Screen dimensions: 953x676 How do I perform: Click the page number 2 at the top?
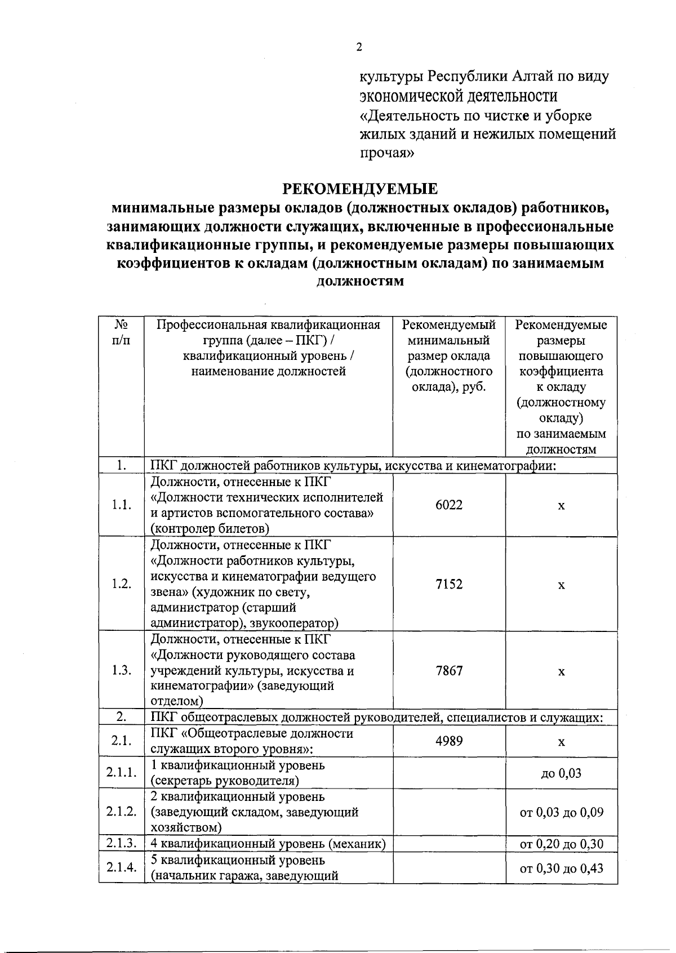(359, 47)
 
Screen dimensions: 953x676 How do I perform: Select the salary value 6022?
(449, 505)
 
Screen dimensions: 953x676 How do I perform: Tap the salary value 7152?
(449, 584)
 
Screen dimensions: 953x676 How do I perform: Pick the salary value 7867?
(449, 671)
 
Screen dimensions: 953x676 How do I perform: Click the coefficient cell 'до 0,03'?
(561, 773)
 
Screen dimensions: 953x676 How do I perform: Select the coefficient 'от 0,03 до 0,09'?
(561, 812)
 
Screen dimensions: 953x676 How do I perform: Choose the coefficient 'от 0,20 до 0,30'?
(561, 844)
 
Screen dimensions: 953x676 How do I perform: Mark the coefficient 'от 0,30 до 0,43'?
(561, 869)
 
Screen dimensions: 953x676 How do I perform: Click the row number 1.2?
(121, 584)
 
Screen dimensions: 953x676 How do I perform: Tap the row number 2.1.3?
(122, 843)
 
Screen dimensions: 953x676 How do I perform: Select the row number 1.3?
(121, 671)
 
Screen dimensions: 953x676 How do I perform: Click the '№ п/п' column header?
(121, 333)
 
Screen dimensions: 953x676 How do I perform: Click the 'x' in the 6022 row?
(561, 506)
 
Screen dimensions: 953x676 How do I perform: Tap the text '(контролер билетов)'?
(210, 528)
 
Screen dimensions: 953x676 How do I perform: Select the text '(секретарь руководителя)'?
(224, 781)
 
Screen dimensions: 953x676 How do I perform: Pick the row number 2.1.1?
(122, 773)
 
